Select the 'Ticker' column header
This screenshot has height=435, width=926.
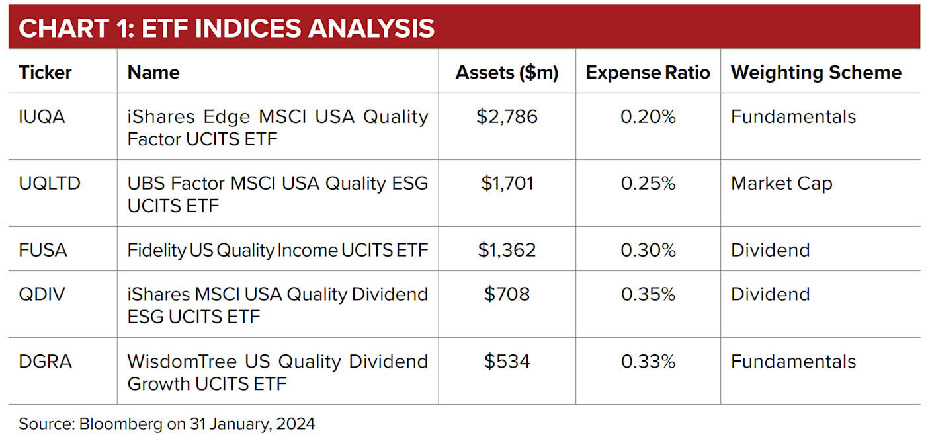(45, 72)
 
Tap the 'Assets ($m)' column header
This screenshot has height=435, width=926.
(507, 72)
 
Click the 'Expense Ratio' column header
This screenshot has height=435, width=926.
(648, 72)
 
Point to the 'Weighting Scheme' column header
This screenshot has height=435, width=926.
(816, 72)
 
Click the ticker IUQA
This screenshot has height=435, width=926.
(42, 117)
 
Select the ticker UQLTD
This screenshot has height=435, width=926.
(50, 183)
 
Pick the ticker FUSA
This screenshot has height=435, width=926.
(43, 250)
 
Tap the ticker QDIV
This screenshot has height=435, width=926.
(42, 294)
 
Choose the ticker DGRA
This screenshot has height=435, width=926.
(45, 362)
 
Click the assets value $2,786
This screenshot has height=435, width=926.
(507, 117)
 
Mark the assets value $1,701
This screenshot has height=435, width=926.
(507, 183)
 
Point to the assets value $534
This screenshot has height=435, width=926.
(507, 362)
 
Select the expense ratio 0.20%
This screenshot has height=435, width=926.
(648, 117)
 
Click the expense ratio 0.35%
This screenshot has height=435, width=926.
(648, 294)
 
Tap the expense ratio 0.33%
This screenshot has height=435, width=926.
(648, 362)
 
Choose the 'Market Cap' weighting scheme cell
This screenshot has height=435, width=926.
(781, 183)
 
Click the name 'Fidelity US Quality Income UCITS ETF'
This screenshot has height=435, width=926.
(277, 250)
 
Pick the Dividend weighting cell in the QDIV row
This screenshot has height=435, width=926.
(770, 294)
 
